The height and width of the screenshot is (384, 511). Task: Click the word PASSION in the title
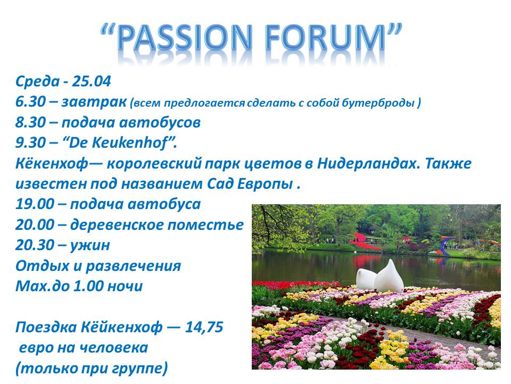pos(185,37)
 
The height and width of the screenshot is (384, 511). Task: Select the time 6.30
pos(30,102)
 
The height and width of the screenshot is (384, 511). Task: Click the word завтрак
pos(94,102)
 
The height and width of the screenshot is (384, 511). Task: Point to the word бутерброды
pos(378,103)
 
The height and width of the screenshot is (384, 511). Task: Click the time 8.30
pos(30,123)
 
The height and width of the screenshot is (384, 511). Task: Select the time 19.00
pos(35,204)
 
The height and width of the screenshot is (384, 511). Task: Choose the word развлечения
pos(133,266)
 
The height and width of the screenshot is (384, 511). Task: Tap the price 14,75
pos(204,327)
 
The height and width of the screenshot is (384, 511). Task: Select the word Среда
pos(37,82)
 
